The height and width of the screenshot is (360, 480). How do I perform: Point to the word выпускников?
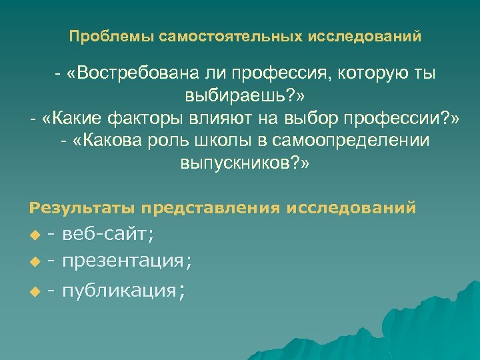point(238,163)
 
